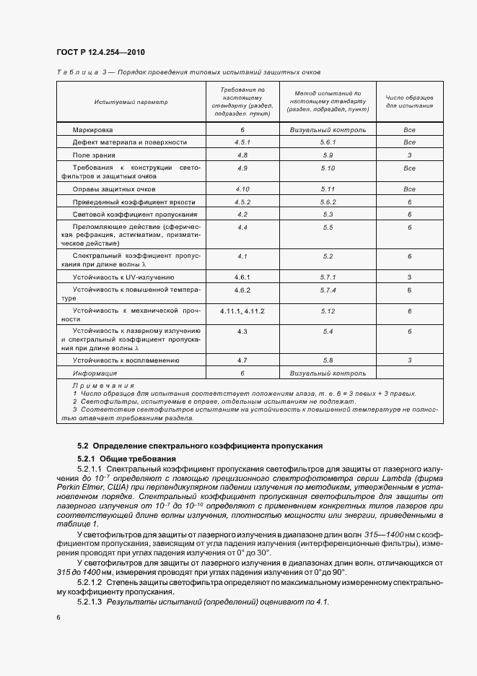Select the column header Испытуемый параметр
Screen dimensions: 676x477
point(131,102)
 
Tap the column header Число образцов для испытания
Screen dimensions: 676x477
point(409,101)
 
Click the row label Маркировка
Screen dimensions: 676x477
point(92,130)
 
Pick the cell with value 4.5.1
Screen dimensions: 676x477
point(242,142)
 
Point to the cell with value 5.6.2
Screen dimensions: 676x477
point(328,202)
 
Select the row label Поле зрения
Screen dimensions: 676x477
point(94,155)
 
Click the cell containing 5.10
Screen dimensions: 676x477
point(328,168)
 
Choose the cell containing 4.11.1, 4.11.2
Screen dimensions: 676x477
point(242,311)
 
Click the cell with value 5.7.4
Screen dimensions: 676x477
point(328,290)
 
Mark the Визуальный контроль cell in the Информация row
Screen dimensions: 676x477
point(328,373)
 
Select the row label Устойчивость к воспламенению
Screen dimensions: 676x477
point(126,360)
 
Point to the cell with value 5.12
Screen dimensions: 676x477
point(328,311)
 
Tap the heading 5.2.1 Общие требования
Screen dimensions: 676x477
point(126,459)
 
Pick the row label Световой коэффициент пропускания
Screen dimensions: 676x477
point(134,214)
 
